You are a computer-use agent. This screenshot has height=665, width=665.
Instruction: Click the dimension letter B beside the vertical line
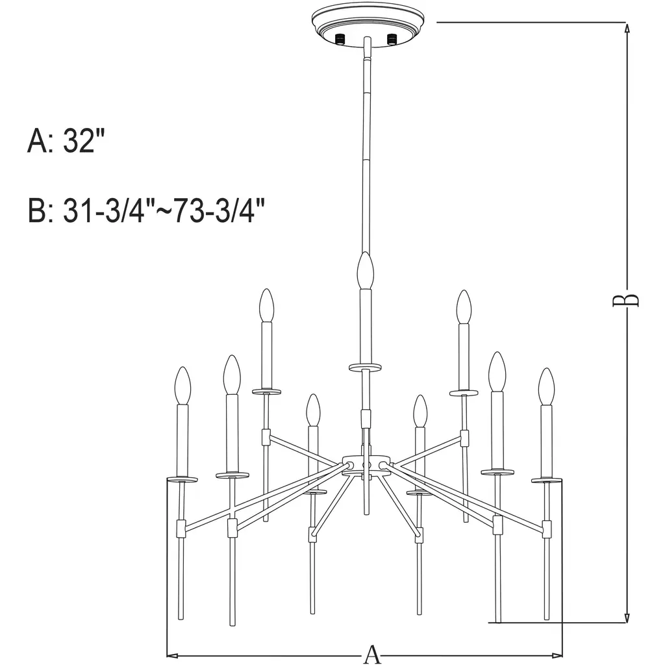click(x=625, y=300)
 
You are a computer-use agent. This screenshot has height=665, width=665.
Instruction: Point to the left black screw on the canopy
click(x=340, y=39)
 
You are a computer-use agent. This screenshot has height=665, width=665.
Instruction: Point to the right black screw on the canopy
click(x=392, y=39)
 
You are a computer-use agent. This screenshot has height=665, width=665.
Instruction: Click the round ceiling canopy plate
click(x=368, y=25)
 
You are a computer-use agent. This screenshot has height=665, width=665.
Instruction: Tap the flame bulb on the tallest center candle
click(x=365, y=271)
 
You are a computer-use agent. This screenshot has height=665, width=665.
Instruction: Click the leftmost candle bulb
click(x=182, y=385)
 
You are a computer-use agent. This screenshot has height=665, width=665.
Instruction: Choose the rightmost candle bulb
click(x=546, y=386)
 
